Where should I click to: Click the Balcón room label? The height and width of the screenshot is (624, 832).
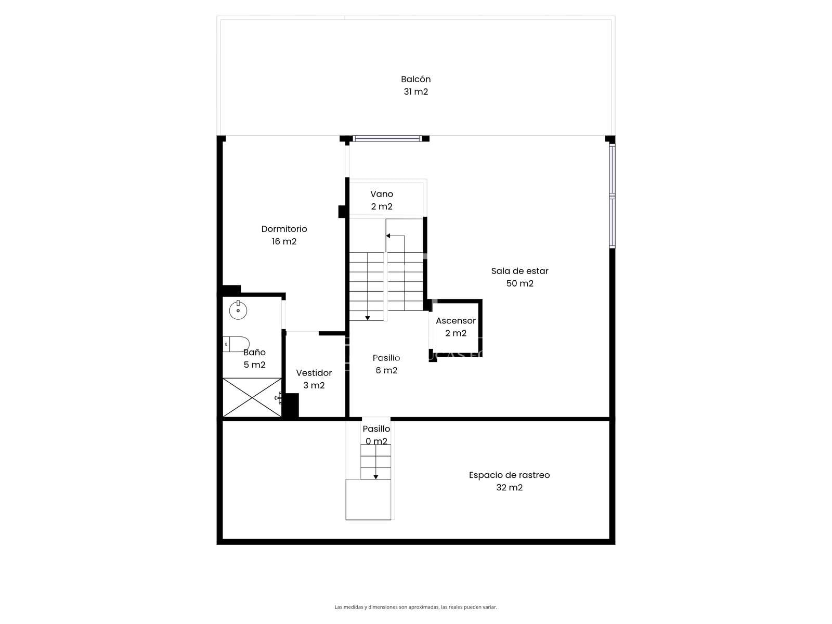415,79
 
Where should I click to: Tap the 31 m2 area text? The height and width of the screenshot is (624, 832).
415,92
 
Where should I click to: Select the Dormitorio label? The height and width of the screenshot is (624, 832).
284,229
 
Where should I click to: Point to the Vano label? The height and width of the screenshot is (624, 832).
381,194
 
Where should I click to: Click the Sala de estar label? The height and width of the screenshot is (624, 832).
519,271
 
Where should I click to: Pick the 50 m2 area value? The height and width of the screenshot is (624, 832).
519,283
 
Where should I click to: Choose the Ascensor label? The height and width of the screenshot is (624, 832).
456,320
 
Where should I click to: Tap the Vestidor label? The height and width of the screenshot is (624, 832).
314,373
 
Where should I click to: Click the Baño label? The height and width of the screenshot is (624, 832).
254,352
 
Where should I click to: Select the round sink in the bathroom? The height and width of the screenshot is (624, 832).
238,310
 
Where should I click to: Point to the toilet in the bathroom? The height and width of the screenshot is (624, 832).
236,344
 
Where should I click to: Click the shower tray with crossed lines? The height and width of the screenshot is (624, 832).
252,397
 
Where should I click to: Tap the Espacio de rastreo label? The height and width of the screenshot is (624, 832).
509,475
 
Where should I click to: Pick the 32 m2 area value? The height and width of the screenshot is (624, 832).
509,487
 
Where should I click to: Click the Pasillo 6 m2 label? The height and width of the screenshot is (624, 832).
386,364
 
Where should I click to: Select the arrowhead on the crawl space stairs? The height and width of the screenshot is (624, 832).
375,477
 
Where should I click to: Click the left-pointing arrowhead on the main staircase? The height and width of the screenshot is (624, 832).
388,236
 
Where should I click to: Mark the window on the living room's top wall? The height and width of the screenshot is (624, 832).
387,139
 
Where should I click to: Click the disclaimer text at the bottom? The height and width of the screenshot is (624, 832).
415,607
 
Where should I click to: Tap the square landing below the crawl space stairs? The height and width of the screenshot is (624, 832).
368,499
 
